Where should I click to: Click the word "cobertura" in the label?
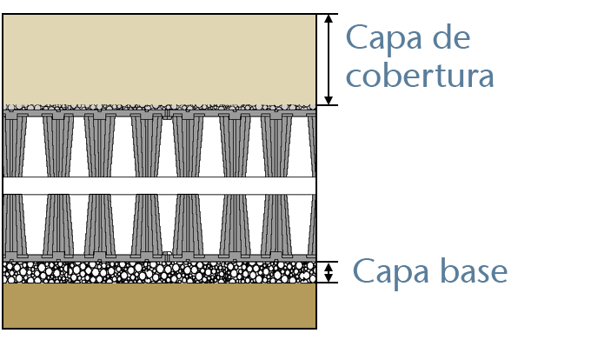point(420,75)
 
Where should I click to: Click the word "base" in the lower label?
point(469,271)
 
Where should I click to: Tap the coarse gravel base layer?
point(159,272)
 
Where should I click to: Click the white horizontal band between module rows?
point(159,185)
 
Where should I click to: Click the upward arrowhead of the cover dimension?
point(328,19)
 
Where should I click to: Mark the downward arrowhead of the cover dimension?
point(328,100)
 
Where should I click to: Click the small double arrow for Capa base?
point(328,272)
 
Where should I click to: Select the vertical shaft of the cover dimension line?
point(328,59)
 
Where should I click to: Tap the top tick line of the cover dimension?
point(328,14)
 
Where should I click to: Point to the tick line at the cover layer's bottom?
point(328,106)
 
